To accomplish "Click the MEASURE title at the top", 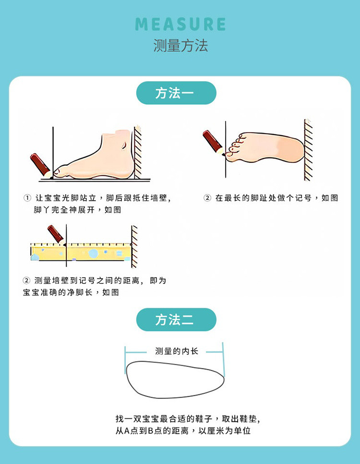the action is [x=180, y=24].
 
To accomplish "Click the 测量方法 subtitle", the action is [x=180, y=46].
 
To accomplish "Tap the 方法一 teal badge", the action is [x=176, y=93].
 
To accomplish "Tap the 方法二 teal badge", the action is [x=176, y=319].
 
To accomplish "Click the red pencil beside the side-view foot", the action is [x=41, y=165].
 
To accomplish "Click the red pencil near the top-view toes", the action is [x=214, y=143].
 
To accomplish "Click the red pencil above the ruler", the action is [x=56, y=235].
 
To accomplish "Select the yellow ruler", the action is [x=81, y=252].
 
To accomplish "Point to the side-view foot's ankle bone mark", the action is [x=124, y=146].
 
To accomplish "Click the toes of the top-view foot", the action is [x=235, y=145].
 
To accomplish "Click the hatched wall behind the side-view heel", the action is [x=138, y=152].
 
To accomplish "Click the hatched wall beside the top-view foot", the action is [x=308, y=150].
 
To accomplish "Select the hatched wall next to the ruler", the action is [x=134, y=246].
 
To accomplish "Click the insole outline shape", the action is [x=175, y=379].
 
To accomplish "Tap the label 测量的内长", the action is [x=177, y=351].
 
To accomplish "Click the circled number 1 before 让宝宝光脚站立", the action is [x=27, y=198].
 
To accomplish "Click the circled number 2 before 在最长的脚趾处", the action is [x=207, y=198].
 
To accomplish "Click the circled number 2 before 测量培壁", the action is [x=26, y=281].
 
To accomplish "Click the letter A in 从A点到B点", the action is [x=127, y=430].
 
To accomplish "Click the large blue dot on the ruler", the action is [x=93, y=253].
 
